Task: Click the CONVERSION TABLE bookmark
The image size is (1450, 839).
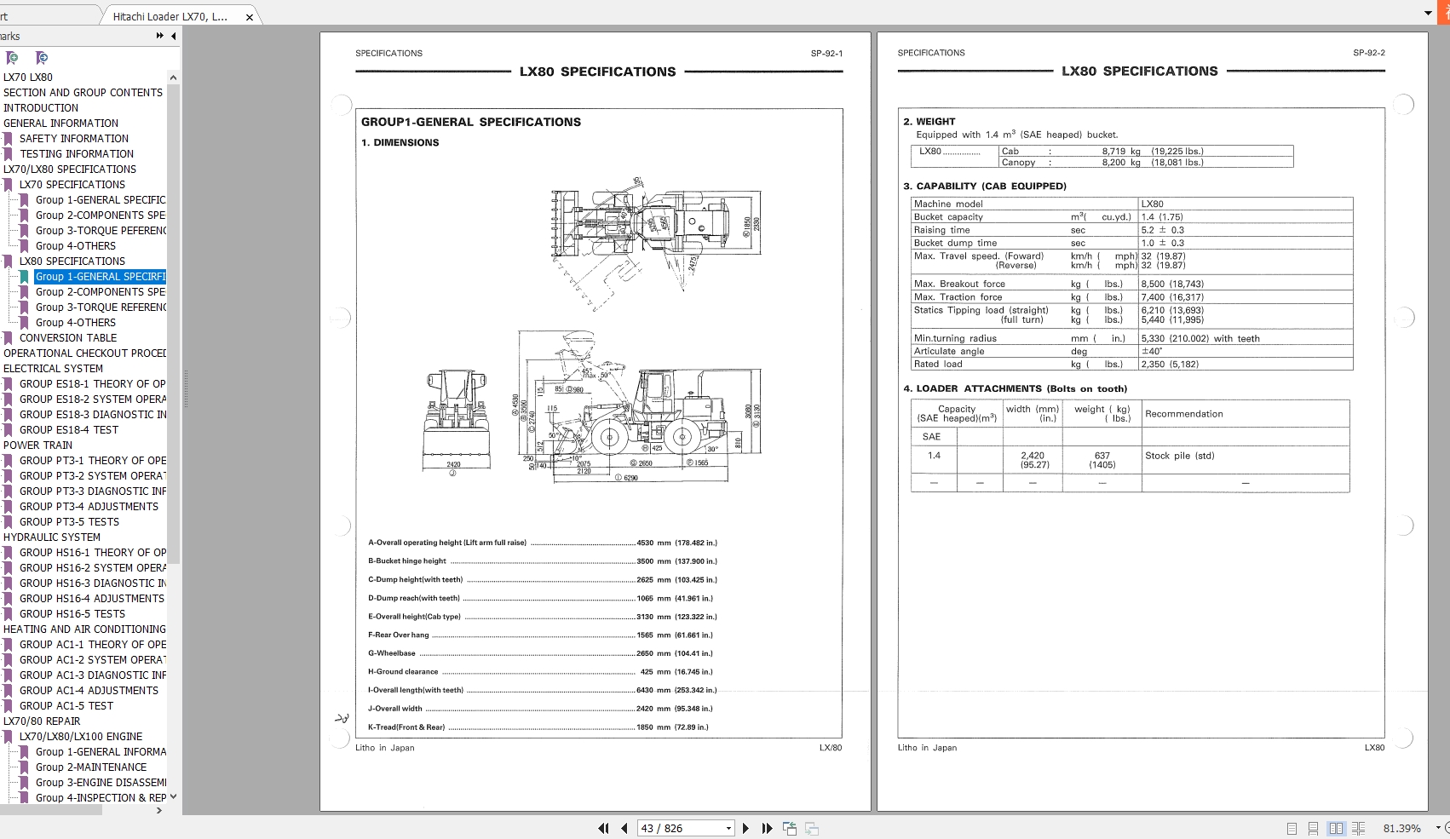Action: point(67,338)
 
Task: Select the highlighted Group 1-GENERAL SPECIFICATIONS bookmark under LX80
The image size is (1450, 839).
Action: point(100,277)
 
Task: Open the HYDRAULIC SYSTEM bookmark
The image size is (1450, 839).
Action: point(51,537)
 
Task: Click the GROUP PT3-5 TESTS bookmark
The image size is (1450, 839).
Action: point(69,522)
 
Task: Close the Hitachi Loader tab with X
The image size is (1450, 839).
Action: point(249,17)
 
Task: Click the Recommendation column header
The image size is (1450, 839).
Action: point(1183,414)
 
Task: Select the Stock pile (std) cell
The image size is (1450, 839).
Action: point(1179,456)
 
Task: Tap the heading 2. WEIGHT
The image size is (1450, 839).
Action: point(929,122)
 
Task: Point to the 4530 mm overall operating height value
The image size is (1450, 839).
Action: point(645,543)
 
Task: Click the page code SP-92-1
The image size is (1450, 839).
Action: point(826,54)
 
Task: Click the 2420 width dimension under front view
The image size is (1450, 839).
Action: point(453,465)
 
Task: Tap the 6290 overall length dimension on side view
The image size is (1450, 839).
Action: point(630,478)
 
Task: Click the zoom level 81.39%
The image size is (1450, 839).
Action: point(1401,828)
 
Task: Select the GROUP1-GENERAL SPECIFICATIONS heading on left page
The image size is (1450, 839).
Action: point(470,123)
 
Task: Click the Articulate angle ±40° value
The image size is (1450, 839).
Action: point(1152,351)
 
